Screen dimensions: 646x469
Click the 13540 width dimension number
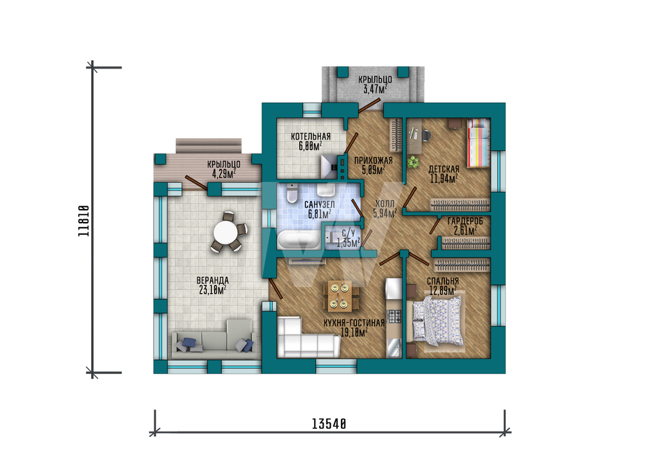click(329, 424)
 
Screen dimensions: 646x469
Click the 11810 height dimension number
click(83, 221)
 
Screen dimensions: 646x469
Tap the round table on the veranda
click(225, 232)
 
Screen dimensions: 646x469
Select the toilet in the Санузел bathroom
click(292, 193)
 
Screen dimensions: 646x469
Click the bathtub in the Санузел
click(298, 239)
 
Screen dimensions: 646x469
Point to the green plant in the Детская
click(413, 161)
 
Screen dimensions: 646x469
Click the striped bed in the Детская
click(478, 143)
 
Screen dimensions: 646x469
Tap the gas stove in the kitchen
click(394, 316)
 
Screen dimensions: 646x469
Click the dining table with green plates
click(340, 296)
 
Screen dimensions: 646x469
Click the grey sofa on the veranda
click(214, 339)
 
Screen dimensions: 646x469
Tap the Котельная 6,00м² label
click(311, 141)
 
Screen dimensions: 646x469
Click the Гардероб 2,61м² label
click(465, 226)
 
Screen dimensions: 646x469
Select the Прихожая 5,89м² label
click(373, 164)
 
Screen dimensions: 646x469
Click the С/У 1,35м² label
click(348, 239)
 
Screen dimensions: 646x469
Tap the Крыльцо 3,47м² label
click(375, 84)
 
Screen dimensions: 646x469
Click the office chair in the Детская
click(426, 135)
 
